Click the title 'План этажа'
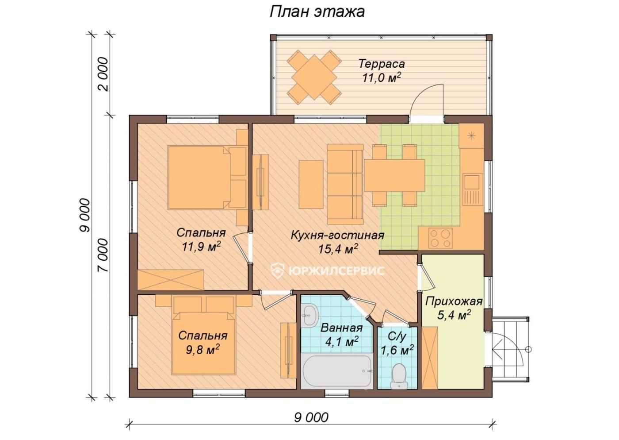(x=317, y=12)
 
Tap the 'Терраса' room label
(x=382, y=64)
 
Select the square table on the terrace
(x=313, y=77)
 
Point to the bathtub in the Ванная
(x=336, y=371)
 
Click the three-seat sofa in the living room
(x=345, y=184)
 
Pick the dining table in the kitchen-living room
(x=394, y=176)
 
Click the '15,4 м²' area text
(x=338, y=249)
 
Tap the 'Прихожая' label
(x=454, y=301)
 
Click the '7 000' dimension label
(x=102, y=255)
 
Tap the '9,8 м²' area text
(x=203, y=350)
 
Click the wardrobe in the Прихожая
(x=430, y=358)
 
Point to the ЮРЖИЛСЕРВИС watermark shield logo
(x=278, y=270)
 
